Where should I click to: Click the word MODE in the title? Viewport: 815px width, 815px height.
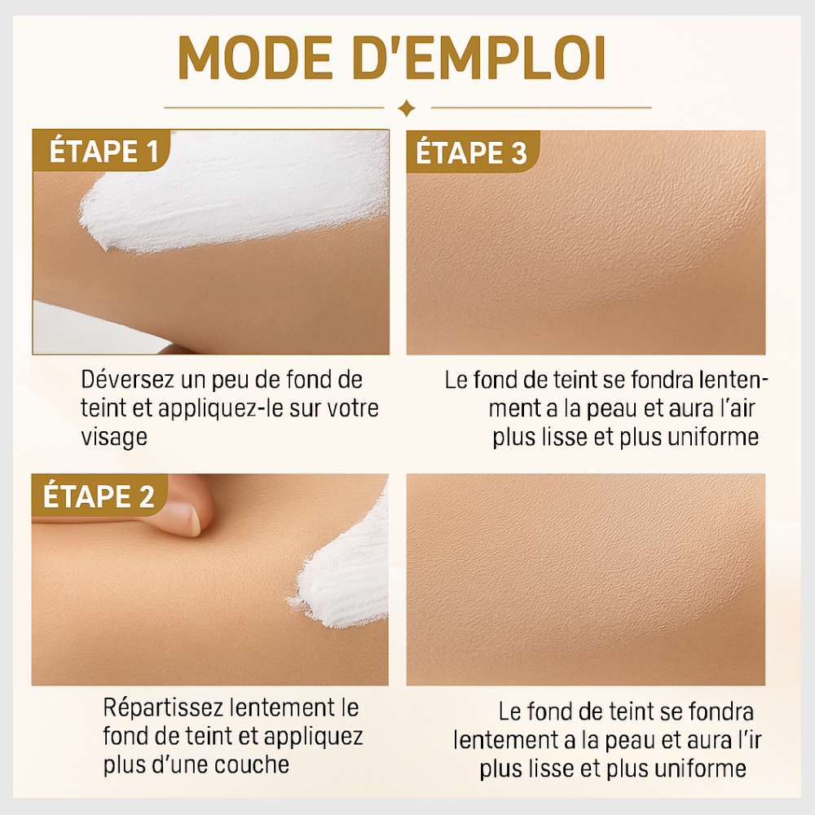pyautogui.click(x=255, y=57)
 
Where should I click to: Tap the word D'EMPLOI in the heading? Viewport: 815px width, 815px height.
pyautogui.click(x=479, y=57)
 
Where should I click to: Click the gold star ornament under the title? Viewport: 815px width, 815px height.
pyautogui.click(x=407, y=108)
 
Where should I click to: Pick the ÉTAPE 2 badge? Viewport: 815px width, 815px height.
pyautogui.click(x=99, y=496)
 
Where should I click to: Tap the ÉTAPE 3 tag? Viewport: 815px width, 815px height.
pyautogui.click(x=471, y=152)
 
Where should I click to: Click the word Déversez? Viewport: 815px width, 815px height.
pyautogui.click(x=127, y=380)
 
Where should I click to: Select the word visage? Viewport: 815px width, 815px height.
pyautogui.click(x=114, y=438)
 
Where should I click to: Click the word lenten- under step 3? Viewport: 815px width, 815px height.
pyautogui.click(x=733, y=380)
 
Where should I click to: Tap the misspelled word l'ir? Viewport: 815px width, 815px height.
pyautogui.click(x=749, y=740)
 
